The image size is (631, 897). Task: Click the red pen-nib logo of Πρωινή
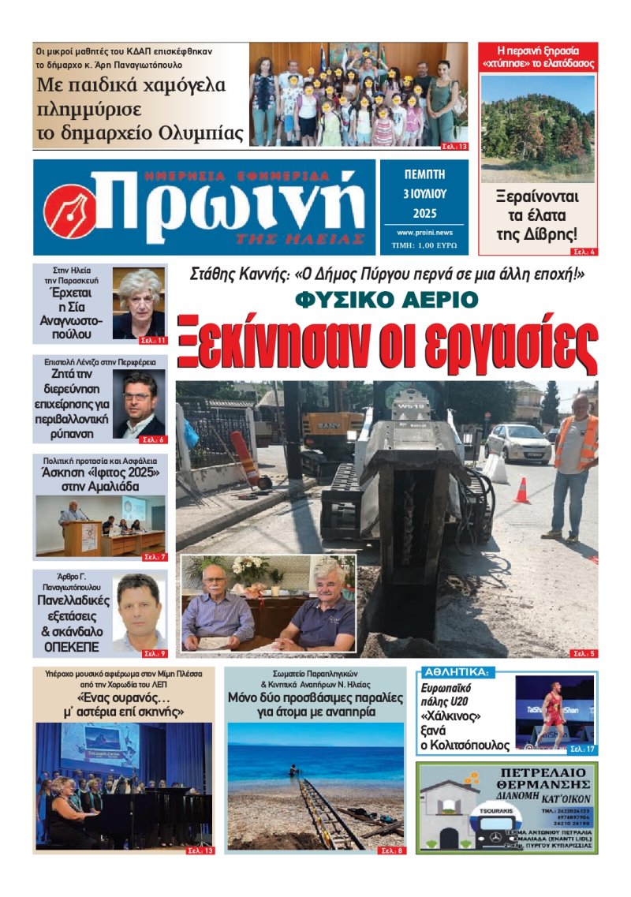click(x=70, y=210)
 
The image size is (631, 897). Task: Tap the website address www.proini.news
click(x=424, y=233)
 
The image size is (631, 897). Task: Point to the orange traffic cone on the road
click(x=521, y=490)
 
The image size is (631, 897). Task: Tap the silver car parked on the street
click(x=518, y=442)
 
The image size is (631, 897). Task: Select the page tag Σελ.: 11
click(x=153, y=341)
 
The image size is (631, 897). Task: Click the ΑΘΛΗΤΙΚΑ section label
click(x=457, y=673)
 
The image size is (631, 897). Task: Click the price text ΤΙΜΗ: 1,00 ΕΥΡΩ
click(x=424, y=246)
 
